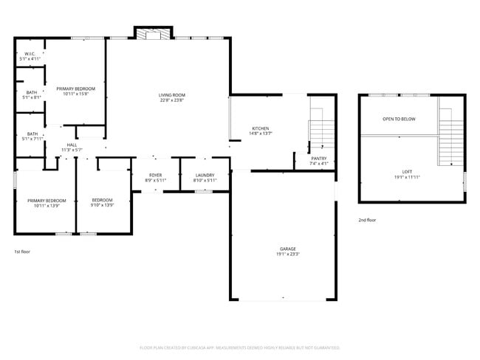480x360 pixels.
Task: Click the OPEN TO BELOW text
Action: coord(398,119)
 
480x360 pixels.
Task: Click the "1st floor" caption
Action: coord(22,252)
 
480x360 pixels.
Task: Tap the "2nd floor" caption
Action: coord(368,220)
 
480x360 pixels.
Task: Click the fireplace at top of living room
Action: coord(153,33)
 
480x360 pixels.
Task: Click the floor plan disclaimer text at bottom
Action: coord(239,347)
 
